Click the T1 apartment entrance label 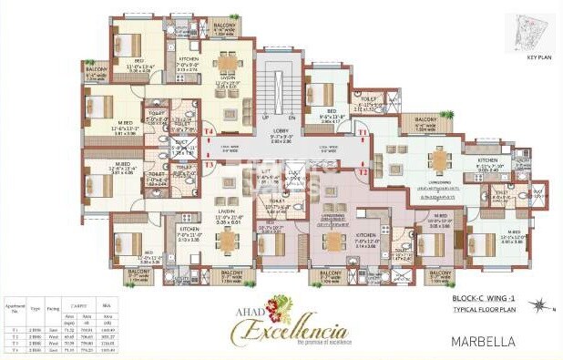363,133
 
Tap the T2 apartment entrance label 363,171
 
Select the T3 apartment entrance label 209,164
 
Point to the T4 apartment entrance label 209,132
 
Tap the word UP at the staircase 265,118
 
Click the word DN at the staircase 292,118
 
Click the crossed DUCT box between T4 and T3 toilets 183,144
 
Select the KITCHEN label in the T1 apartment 489,159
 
